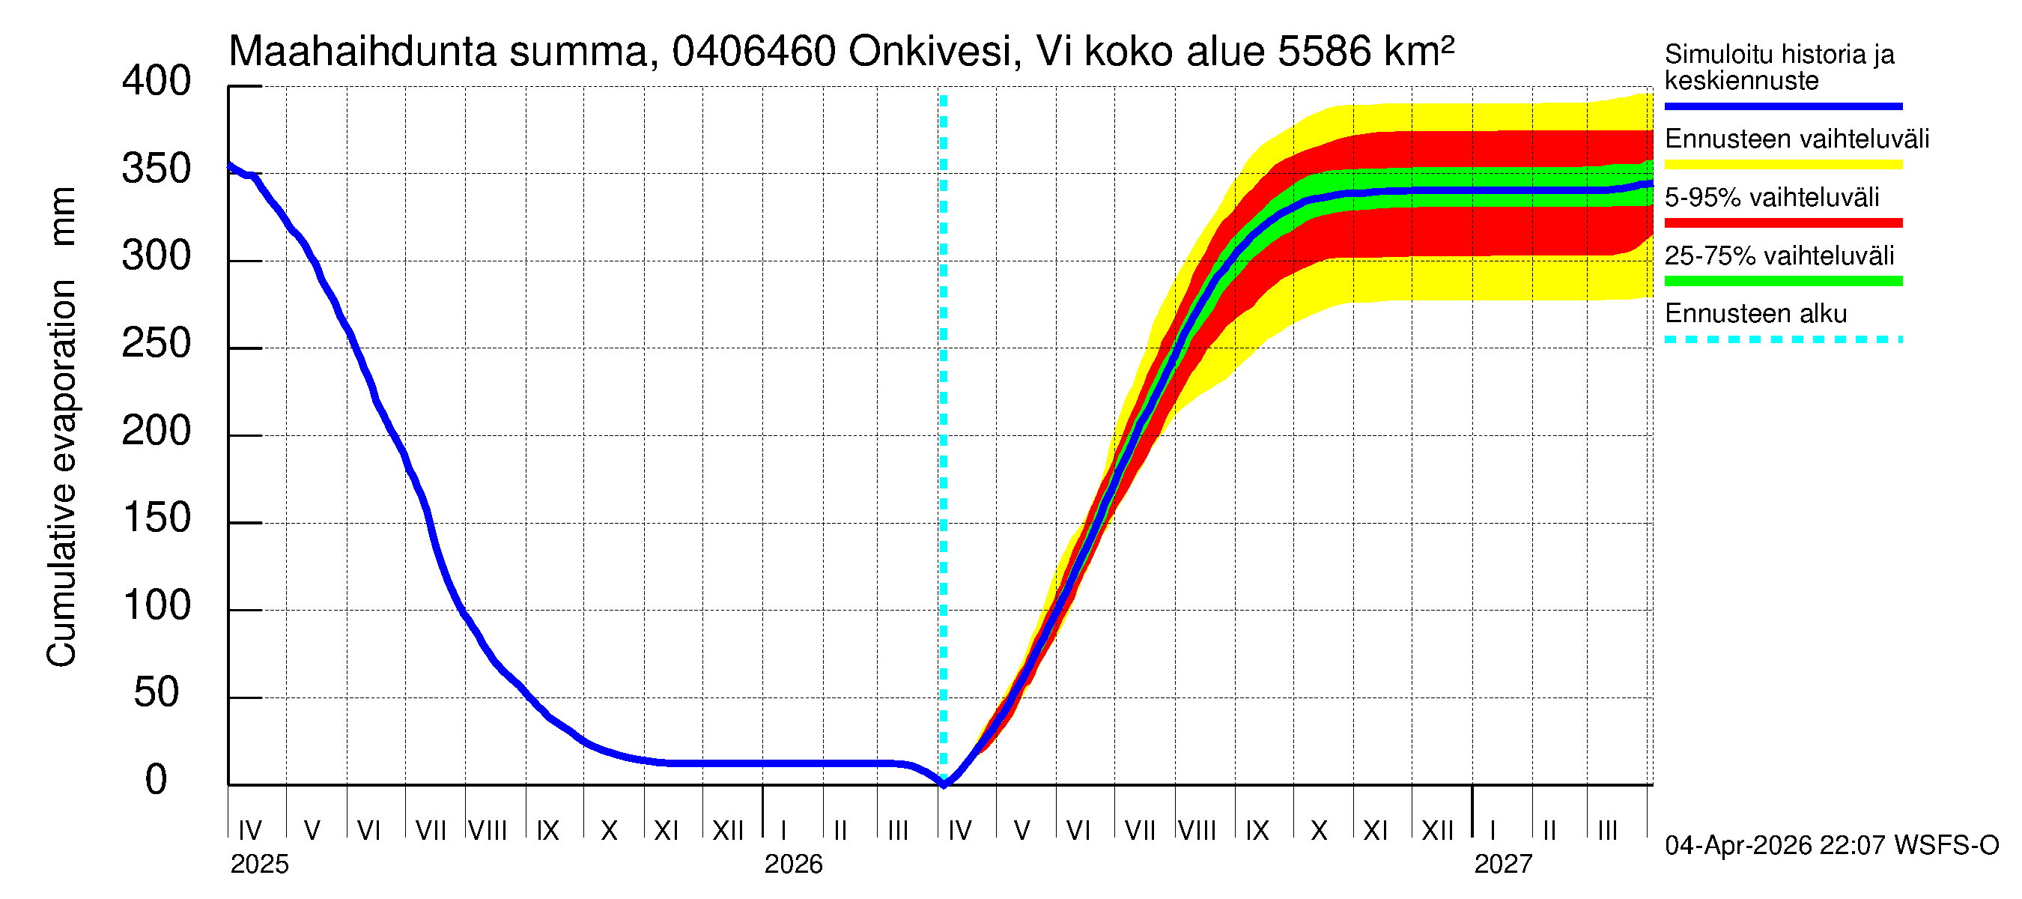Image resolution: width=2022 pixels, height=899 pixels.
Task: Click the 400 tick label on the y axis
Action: [x=156, y=82]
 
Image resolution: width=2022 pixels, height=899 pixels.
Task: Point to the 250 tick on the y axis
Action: [x=156, y=344]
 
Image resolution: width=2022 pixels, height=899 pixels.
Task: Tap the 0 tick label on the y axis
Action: [x=156, y=781]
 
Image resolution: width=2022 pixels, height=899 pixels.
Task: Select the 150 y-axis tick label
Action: [x=156, y=519]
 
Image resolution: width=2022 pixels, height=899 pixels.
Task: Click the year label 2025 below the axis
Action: [x=259, y=865]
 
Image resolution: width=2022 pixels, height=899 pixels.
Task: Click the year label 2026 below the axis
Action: [x=793, y=865]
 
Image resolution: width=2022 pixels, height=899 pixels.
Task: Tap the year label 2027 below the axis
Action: [x=1502, y=865]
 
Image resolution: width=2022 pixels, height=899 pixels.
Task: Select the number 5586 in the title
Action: [x=1323, y=52]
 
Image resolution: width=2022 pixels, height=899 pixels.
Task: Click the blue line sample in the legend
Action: [x=1782, y=106]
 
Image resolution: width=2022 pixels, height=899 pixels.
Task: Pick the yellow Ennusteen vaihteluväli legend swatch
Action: [x=1782, y=165]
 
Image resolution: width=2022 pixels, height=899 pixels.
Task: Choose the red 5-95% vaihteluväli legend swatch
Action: [x=1782, y=223]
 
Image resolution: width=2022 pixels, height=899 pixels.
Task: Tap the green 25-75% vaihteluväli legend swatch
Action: [x=1782, y=281]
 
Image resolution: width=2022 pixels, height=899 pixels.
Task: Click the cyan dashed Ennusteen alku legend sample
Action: [x=1782, y=339]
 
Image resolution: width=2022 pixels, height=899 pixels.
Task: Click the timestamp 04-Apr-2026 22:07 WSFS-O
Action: [x=1831, y=846]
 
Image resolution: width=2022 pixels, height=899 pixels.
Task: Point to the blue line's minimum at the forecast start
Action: [x=944, y=783]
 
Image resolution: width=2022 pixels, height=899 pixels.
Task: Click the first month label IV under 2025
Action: [x=249, y=831]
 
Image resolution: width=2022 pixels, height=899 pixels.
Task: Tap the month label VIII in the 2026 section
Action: [x=1197, y=831]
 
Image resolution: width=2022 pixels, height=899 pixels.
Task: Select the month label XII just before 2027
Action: [x=1437, y=831]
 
